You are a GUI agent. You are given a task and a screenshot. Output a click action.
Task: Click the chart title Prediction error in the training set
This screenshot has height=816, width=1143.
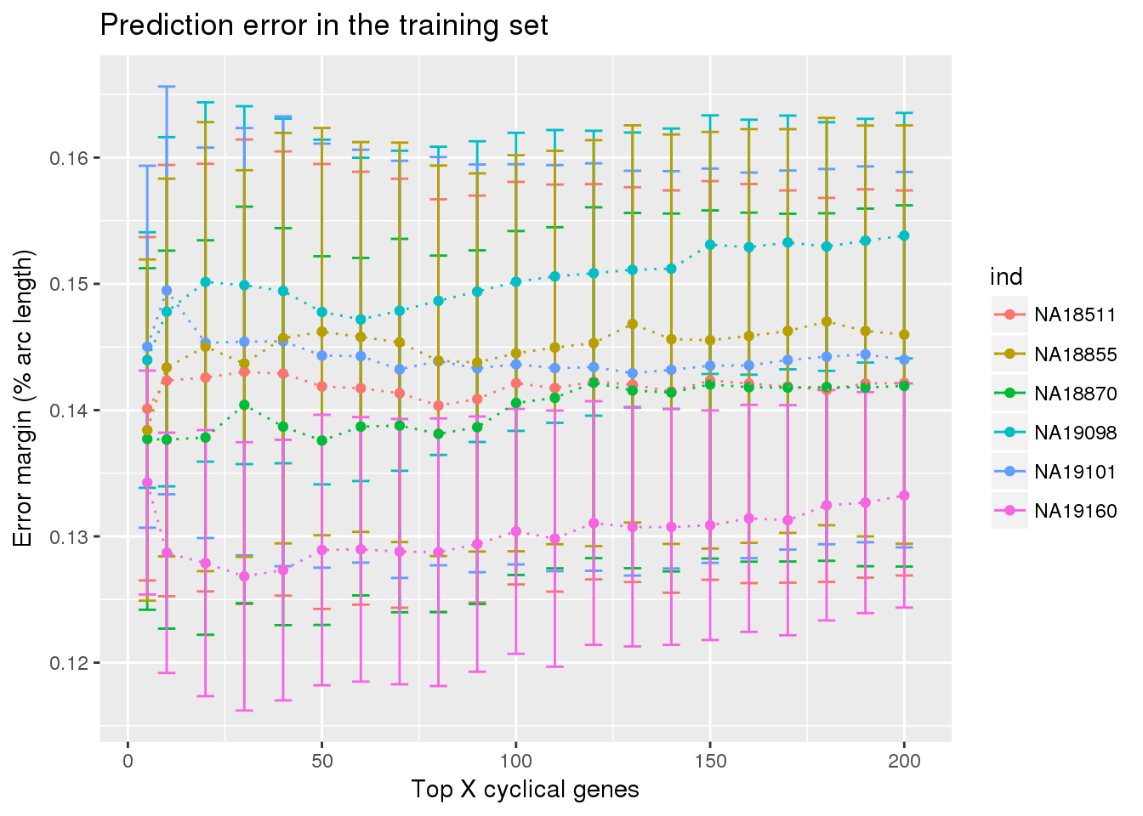pyautogui.click(x=324, y=25)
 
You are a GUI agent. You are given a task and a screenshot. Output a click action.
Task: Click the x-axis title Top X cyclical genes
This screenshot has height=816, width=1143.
pyautogui.click(x=525, y=790)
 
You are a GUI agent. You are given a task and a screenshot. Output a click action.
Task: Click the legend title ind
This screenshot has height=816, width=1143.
pyautogui.click(x=1006, y=277)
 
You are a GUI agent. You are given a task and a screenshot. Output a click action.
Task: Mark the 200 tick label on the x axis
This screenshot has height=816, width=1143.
pyautogui.click(x=904, y=761)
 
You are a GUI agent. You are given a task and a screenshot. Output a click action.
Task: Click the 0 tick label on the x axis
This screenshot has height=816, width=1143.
pyautogui.click(x=128, y=761)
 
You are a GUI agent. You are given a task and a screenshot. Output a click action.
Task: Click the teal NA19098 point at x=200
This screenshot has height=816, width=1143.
pyautogui.click(x=904, y=235)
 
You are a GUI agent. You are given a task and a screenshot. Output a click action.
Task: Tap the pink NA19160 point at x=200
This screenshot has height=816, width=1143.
pyautogui.click(x=904, y=496)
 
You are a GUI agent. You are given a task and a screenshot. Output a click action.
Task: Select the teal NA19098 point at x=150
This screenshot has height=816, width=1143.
pyautogui.click(x=710, y=245)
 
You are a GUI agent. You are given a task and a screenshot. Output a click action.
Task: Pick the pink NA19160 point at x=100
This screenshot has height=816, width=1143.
pyautogui.click(x=515, y=531)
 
